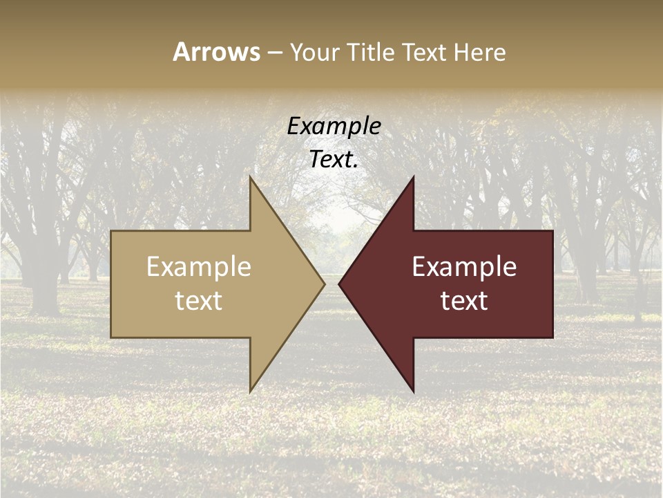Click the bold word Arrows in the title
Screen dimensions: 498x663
click(216, 52)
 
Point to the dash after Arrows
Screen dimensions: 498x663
click(274, 53)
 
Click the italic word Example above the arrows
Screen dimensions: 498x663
click(334, 127)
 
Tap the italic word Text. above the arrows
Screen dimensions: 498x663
click(334, 160)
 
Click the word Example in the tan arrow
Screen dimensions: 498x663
click(199, 267)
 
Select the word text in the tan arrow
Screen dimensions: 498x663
click(199, 301)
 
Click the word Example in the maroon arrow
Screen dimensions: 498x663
click(464, 267)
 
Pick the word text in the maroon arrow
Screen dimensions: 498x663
click(464, 301)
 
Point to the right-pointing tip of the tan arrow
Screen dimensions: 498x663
click(324, 284)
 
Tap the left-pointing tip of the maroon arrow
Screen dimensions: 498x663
click(339, 284)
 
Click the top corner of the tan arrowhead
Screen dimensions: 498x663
click(251, 177)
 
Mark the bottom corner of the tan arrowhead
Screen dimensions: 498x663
click(251, 391)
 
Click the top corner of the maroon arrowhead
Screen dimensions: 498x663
click(413, 177)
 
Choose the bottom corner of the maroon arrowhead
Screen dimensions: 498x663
click(413, 391)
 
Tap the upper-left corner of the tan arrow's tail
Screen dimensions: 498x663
click(112, 232)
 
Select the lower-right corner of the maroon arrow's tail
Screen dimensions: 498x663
click(552, 337)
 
